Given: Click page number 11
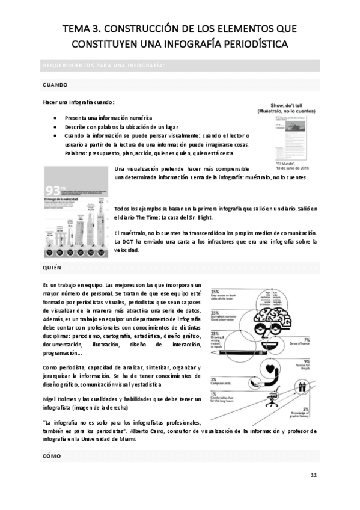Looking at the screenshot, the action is click(x=313, y=475).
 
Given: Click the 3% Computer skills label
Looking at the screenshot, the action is click(x=214, y=379).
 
